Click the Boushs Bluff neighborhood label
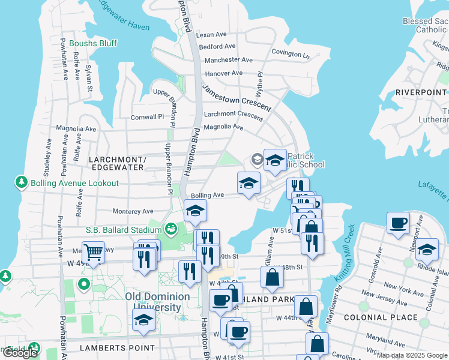[93, 43]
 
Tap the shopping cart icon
[92, 252]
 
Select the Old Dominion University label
[157, 302]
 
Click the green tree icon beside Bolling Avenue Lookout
[22, 182]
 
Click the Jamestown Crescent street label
[237, 98]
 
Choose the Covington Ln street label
[290, 53]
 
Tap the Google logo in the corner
[20, 353]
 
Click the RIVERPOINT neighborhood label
[421, 92]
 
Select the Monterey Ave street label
[133, 211]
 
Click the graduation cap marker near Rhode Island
[427, 249]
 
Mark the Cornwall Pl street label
[148, 117]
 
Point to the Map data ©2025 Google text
[412, 355]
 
